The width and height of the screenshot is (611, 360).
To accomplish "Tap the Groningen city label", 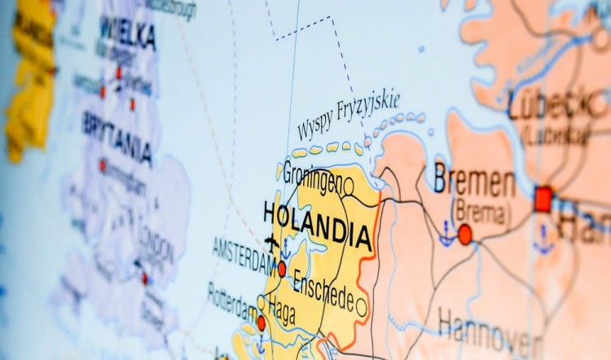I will (x=311, y=179).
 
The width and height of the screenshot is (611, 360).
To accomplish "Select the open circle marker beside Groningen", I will (x=348, y=187).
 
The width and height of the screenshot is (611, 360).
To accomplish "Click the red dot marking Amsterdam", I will (x=282, y=269).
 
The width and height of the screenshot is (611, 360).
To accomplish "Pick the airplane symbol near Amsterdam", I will (x=271, y=242).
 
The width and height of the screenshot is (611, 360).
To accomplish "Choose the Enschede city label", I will (x=323, y=289).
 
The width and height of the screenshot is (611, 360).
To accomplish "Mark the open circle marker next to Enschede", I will (x=361, y=308).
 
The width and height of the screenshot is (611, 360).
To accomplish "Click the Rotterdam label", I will (x=234, y=302).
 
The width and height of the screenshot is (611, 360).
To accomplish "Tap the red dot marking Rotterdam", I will (x=261, y=323).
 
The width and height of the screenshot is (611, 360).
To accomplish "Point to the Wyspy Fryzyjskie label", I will (x=348, y=116).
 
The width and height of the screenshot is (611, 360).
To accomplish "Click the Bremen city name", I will (x=474, y=180).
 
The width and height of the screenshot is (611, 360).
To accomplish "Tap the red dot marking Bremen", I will (x=465, y=235).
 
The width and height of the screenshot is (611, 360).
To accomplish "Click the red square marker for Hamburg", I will (x=543, y=199).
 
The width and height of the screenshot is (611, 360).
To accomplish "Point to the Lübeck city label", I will (x=551, y=103).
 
